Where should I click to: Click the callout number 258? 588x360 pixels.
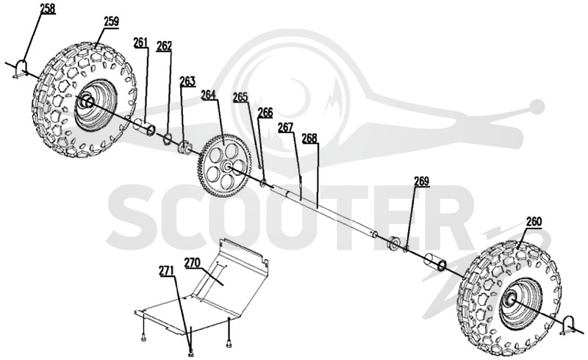(48, 9)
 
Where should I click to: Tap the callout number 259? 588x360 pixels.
(112, 21)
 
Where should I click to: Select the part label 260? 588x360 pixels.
(534, 222)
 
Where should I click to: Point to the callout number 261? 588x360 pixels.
(141, 43)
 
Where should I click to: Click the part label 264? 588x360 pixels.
(209, 95)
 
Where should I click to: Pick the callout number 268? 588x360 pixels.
(309, 138)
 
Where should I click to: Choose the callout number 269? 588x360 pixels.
(421, 181)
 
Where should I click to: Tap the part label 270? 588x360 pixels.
(192, 262)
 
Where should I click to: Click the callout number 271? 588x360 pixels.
(166, 270)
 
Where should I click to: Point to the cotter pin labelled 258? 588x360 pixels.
(21, 70)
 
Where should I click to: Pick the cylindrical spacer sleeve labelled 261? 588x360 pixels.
(145, 126)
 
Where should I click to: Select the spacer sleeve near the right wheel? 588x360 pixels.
(435, 262)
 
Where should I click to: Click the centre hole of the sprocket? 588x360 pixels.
(226, 165)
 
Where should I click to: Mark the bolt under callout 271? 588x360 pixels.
(192, 353)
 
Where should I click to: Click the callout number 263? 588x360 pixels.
(187, 81)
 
